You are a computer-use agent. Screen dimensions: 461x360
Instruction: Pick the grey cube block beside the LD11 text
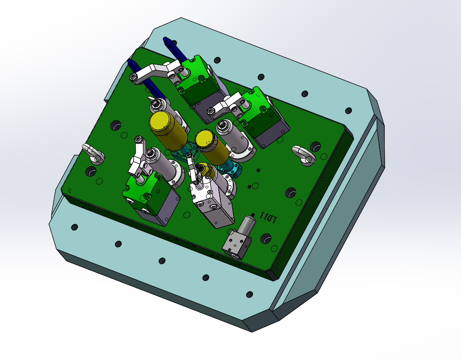click(237, 245)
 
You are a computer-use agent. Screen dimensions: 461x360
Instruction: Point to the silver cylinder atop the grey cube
click(246, 226)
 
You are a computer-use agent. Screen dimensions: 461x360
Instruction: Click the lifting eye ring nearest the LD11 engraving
click(304, 155)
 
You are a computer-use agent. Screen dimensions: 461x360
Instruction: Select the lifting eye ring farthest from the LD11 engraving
click(94, 153)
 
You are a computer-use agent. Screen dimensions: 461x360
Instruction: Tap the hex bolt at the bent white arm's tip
click(134, 78)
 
